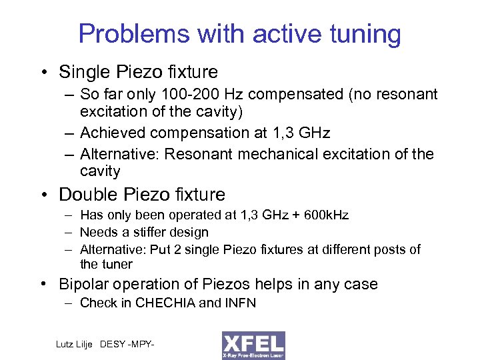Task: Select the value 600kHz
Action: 325,215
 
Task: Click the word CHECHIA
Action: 163,303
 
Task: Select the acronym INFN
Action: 239,303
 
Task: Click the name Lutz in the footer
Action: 67,344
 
